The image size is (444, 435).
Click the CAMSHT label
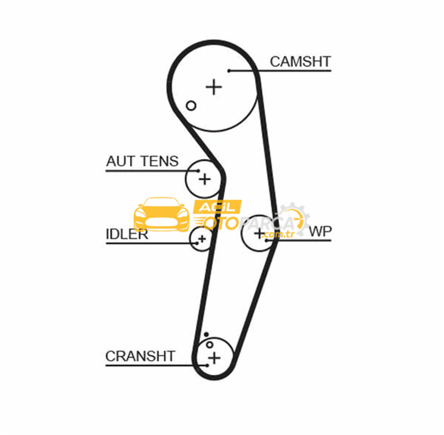300,62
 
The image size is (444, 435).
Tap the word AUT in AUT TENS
120,161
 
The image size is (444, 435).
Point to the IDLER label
127,234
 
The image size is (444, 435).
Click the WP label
320,231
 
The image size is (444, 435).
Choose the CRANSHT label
140,356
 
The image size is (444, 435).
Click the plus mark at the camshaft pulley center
214,87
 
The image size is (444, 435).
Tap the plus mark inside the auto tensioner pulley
204,179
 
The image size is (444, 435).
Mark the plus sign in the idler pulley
202,239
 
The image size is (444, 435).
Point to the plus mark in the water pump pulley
260,233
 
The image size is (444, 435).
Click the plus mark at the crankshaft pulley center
214,358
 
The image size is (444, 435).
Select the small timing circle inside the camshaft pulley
191,106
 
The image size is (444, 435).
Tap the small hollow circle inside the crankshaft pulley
210,345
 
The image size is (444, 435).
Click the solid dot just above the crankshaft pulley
206,334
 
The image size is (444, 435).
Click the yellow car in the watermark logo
162,214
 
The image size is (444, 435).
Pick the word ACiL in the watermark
217,208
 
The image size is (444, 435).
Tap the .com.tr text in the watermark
278,235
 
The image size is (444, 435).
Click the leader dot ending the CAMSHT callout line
229,71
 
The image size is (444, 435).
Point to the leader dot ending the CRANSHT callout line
207,365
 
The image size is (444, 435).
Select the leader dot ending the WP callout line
266,241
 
